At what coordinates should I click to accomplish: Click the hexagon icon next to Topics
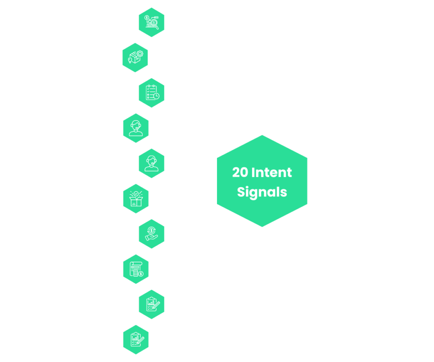151,22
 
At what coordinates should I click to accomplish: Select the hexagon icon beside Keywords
136,57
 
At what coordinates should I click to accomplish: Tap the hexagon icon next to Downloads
151,93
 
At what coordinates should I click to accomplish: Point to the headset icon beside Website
136,128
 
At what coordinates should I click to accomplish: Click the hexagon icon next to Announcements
151,163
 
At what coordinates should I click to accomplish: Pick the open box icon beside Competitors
136,198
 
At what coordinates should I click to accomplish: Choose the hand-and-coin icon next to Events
151,233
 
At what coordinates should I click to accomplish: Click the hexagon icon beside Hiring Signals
136,269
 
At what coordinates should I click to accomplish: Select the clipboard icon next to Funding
151,304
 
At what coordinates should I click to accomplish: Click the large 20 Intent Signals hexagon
262,181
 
